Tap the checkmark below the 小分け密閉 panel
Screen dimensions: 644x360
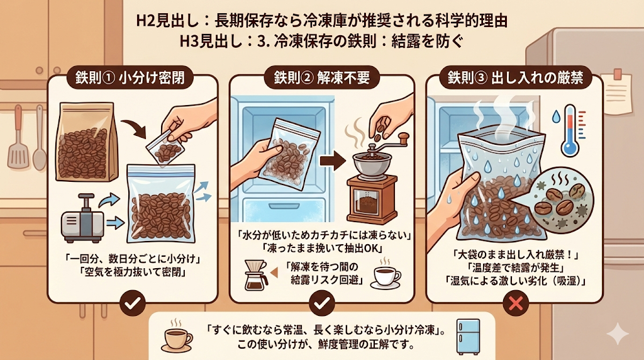coord(132,304)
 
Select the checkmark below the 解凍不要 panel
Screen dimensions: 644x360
coord(321,304)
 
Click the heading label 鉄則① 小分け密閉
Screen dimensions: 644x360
coord(130,77)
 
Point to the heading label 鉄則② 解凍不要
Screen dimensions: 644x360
coord(321,77)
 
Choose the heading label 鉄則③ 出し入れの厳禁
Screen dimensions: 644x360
coord(515,77)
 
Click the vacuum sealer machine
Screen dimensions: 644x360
coord(82,218)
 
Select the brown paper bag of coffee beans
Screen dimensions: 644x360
coord(86,142)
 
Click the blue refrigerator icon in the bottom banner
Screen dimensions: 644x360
coord(468,337)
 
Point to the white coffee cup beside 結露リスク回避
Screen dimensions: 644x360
coord(386,276)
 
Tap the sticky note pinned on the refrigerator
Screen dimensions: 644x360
coord(618,93)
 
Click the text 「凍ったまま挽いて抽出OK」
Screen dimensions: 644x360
coord(322,248)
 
